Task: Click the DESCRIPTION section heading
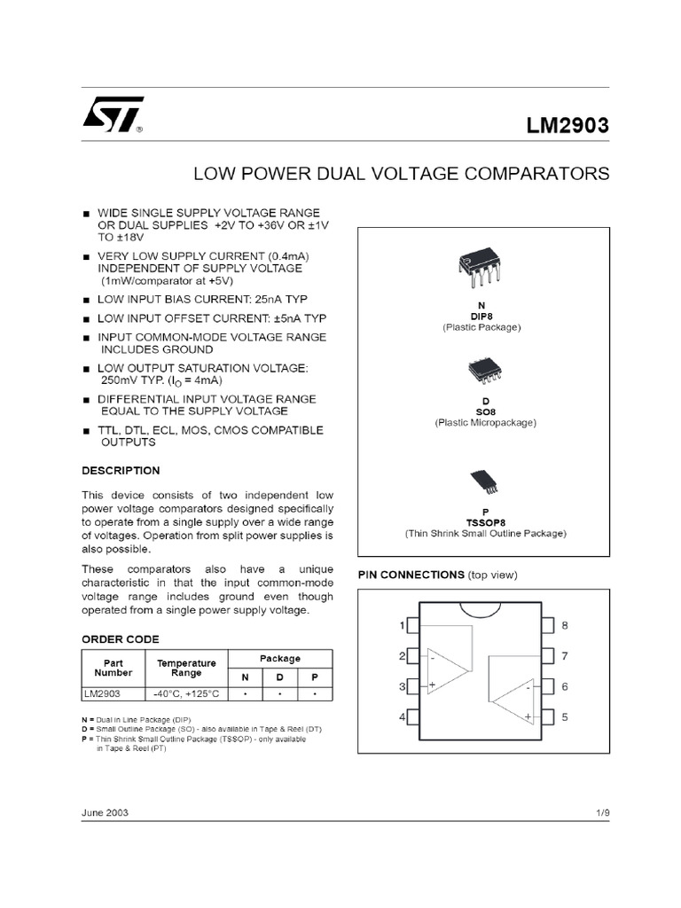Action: [x=121, y=470]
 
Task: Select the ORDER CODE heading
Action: [x=121, y=638]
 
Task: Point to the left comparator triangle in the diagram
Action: [x=445, y=671]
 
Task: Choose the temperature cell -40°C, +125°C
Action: [x=186, y=693]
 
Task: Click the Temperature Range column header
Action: [x=186, y=668]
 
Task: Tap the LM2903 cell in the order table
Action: [x=102, y=693]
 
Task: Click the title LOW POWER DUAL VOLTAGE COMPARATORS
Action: [x=402, y=173]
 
